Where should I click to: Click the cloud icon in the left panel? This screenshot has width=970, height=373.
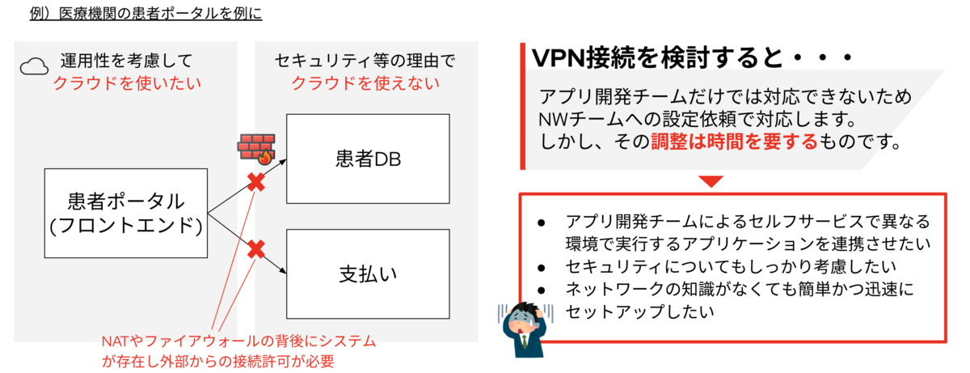(33, 66)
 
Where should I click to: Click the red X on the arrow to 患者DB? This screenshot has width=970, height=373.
(256, 183)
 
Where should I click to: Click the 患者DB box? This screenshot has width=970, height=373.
(368, 159)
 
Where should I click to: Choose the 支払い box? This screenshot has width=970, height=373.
(368, 273)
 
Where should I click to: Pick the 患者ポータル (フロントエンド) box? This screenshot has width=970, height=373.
(126, 214)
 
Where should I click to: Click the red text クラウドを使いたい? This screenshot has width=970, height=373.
(128, 83)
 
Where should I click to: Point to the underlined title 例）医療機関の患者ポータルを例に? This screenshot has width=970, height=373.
(145, 13)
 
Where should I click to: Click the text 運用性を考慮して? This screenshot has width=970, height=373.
(126, 61)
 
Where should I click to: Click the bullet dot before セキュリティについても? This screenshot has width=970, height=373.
(541, 265)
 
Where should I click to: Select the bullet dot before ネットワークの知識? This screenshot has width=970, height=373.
(541, 289)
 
